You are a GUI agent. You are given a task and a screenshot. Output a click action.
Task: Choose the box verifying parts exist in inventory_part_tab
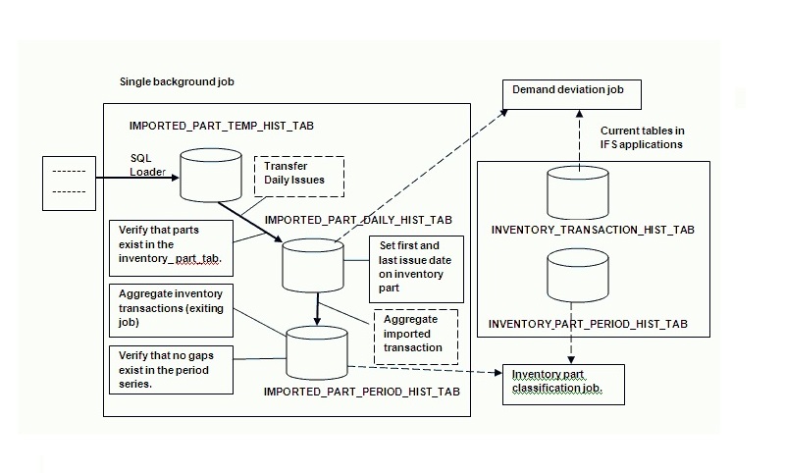pyautogui.click(x=170, y=249)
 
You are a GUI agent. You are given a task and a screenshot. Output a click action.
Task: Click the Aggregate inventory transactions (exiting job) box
pyautogui.click(x=170, y=307)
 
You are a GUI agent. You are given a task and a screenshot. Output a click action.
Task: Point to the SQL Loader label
pyautogui.click(x=148, y=164)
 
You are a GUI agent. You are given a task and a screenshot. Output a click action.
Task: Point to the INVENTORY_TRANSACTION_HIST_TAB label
pyautogui.click(x=592, y=230)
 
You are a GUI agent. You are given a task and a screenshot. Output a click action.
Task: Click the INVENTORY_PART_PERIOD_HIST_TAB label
pyautogui.click(x=588, y=324)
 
